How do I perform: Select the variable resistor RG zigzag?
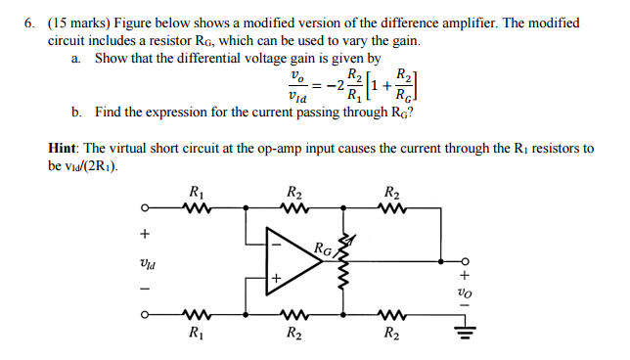tap(342, 262)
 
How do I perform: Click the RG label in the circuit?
tap(324, 248)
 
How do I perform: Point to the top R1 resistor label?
tap(196, 192)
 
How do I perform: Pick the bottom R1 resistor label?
tap(196, 335)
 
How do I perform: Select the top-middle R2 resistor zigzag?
tap(292, 207)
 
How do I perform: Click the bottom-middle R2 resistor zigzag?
tap(292, 315)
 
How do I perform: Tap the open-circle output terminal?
tap(467, 262)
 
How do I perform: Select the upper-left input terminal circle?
tap(145, 207)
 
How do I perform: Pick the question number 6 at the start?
tap(30, 22)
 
